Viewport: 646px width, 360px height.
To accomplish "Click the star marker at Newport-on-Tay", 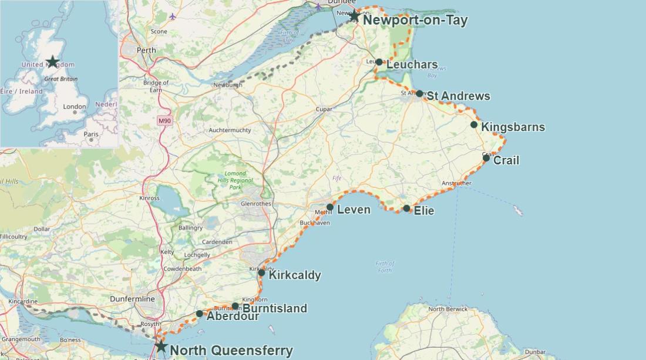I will coord(354,16).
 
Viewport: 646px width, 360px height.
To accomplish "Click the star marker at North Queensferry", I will coord(161,346).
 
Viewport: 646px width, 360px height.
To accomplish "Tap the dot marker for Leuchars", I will coord(379,62).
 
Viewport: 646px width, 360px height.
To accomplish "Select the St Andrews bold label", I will coord(458,96).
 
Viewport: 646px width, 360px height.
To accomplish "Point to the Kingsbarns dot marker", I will coord(474,125).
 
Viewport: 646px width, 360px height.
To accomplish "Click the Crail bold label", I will coord(506,160).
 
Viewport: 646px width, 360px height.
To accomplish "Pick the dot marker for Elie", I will coord(406,208).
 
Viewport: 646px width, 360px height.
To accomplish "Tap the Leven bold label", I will coord(354,210).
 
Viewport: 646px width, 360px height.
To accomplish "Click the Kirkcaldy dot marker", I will coord(261,272).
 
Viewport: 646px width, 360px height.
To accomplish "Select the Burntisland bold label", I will coord(274,308).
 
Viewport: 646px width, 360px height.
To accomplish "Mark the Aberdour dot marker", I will coord(200,314).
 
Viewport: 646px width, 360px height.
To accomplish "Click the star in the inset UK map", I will coord(53,62).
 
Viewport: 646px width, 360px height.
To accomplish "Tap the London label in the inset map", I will coord(75,107).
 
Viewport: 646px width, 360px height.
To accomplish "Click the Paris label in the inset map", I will coord(91,134).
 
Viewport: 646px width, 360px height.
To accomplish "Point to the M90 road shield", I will coord(164,120).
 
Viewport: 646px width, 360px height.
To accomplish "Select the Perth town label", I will coord(146,51).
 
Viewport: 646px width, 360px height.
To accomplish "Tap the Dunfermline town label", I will coord(132,299).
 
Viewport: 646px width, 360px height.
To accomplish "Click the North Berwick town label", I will coord(448,309).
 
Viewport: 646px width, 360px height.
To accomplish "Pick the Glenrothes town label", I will coord(256,204).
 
